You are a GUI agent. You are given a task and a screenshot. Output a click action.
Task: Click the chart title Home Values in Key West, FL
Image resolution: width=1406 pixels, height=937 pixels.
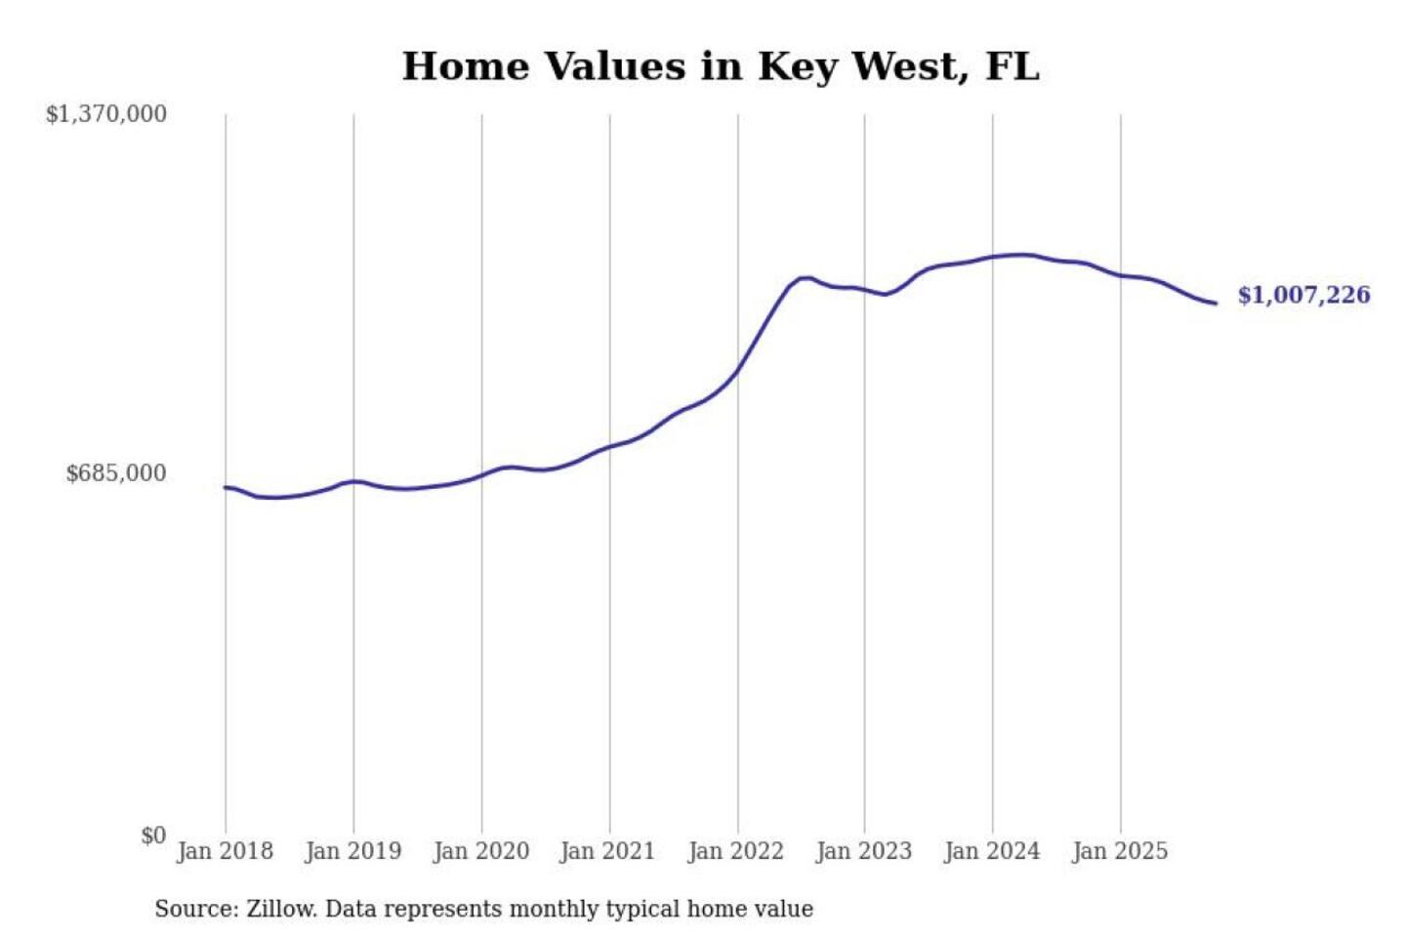click(x=721, y=66)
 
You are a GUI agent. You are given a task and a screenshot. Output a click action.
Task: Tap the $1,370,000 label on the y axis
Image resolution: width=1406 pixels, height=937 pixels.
click(x=106, y=114)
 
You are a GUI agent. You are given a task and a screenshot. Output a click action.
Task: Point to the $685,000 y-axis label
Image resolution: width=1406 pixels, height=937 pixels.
click(x=116, y=473)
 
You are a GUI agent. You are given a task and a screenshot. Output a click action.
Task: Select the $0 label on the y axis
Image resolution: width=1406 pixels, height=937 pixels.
click(x=153, y=835)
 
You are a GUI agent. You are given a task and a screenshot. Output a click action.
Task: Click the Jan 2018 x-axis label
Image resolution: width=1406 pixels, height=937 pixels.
click(x=225, y=851)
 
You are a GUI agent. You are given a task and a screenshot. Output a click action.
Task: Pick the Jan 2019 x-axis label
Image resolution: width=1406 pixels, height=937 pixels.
click(x=352, y=851)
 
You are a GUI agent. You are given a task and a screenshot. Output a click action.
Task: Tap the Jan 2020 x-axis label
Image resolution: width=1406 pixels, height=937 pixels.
click(x=480, y=851)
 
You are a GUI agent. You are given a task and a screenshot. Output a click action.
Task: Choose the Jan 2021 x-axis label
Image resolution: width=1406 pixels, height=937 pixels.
click(x=607, y=851)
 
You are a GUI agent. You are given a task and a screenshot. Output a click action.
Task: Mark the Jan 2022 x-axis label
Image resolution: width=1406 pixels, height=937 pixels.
click(x=735, y=851)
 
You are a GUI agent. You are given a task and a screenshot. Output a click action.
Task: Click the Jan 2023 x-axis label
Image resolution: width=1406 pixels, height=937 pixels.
click(x=863, y=851)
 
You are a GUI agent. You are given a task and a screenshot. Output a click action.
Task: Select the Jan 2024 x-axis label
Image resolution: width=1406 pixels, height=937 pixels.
click(x=992, y=851)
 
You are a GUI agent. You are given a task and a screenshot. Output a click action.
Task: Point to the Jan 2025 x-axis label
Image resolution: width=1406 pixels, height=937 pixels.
click(x=1120, y=851)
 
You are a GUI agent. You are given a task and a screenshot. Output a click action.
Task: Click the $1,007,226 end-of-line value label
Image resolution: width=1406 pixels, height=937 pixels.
click(x=1303, y=295)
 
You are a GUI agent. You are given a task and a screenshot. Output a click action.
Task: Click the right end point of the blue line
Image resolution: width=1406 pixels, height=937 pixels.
click(x=1216, y=304)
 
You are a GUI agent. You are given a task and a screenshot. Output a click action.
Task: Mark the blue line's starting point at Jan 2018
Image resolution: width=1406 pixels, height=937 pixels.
click(x=226, y=487)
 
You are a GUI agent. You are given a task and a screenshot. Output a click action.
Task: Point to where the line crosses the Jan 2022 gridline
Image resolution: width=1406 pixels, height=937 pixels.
click(x=738, y=370)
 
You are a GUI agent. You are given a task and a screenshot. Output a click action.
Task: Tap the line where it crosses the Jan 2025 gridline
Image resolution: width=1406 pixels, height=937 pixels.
click(x=1121, y=275)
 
